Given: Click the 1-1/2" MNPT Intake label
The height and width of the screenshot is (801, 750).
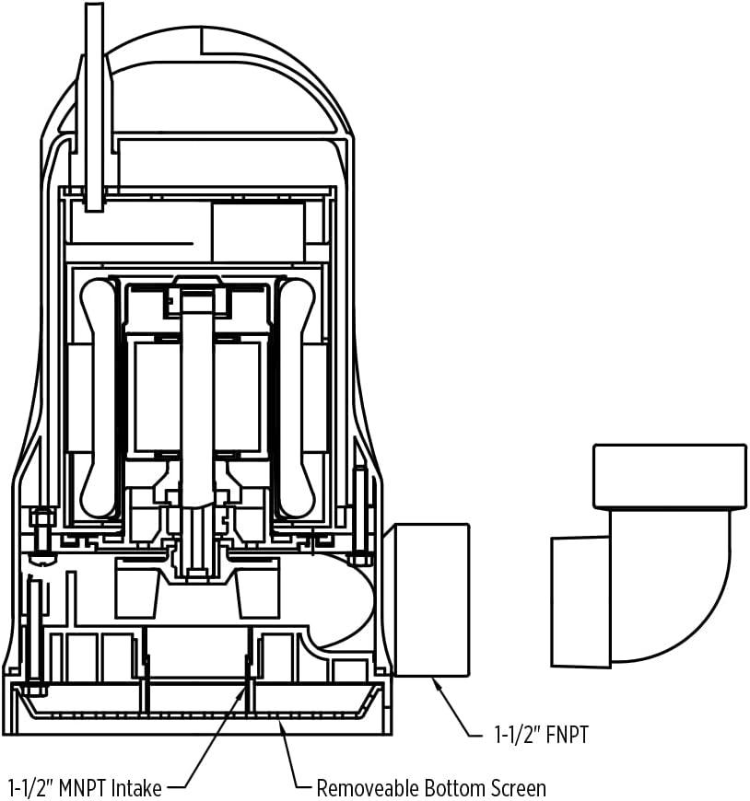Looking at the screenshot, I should (x=85, y=788).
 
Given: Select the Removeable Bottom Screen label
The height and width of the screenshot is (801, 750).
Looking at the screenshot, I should (x=431, y=788).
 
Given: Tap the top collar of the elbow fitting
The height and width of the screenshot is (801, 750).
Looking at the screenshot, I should (x=669, y=476).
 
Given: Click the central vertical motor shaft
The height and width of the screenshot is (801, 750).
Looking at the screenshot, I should (x=195, y=396).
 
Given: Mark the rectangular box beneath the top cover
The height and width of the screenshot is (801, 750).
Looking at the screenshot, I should (x=258, y=232).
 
